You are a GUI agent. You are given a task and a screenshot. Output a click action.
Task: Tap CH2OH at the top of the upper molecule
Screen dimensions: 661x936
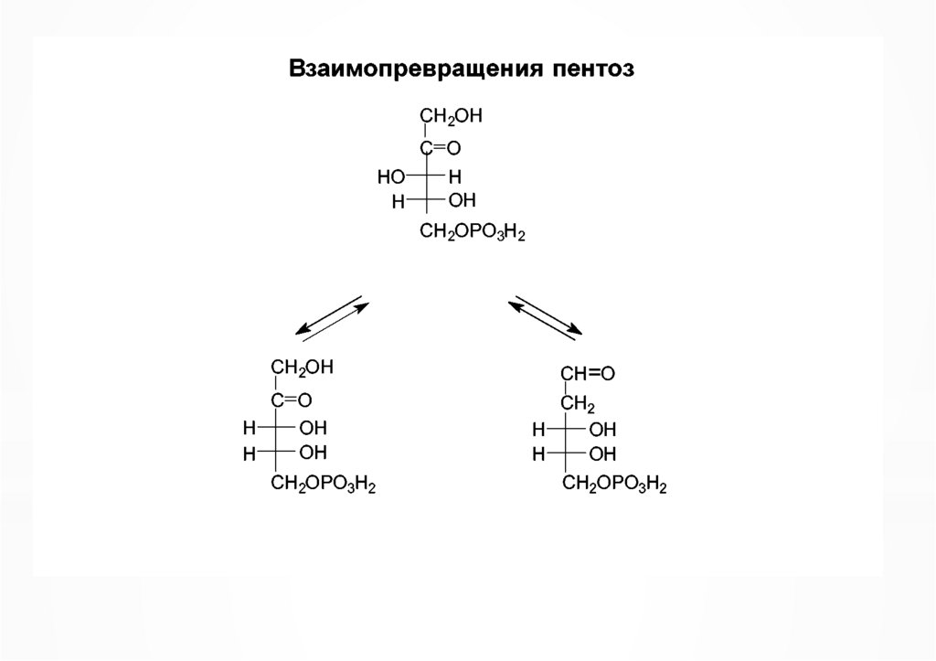pos(450,117)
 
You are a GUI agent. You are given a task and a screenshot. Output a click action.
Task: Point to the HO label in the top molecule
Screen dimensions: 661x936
pos(390,175)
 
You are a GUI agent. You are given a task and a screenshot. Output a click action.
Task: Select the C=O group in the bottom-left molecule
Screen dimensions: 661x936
pos(291,399)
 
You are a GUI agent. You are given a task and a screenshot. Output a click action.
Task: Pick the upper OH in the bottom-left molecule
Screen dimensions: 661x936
pos(313,426)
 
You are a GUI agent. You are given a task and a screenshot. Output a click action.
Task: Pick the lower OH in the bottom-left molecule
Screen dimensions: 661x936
pos(313,452)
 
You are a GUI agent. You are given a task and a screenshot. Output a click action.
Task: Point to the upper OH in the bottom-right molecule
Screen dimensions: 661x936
pos(602,428)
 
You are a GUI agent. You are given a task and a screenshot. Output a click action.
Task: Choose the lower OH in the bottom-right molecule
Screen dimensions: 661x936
pos(602,453)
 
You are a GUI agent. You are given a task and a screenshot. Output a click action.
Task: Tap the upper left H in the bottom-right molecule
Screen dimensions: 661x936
pos(538,428)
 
